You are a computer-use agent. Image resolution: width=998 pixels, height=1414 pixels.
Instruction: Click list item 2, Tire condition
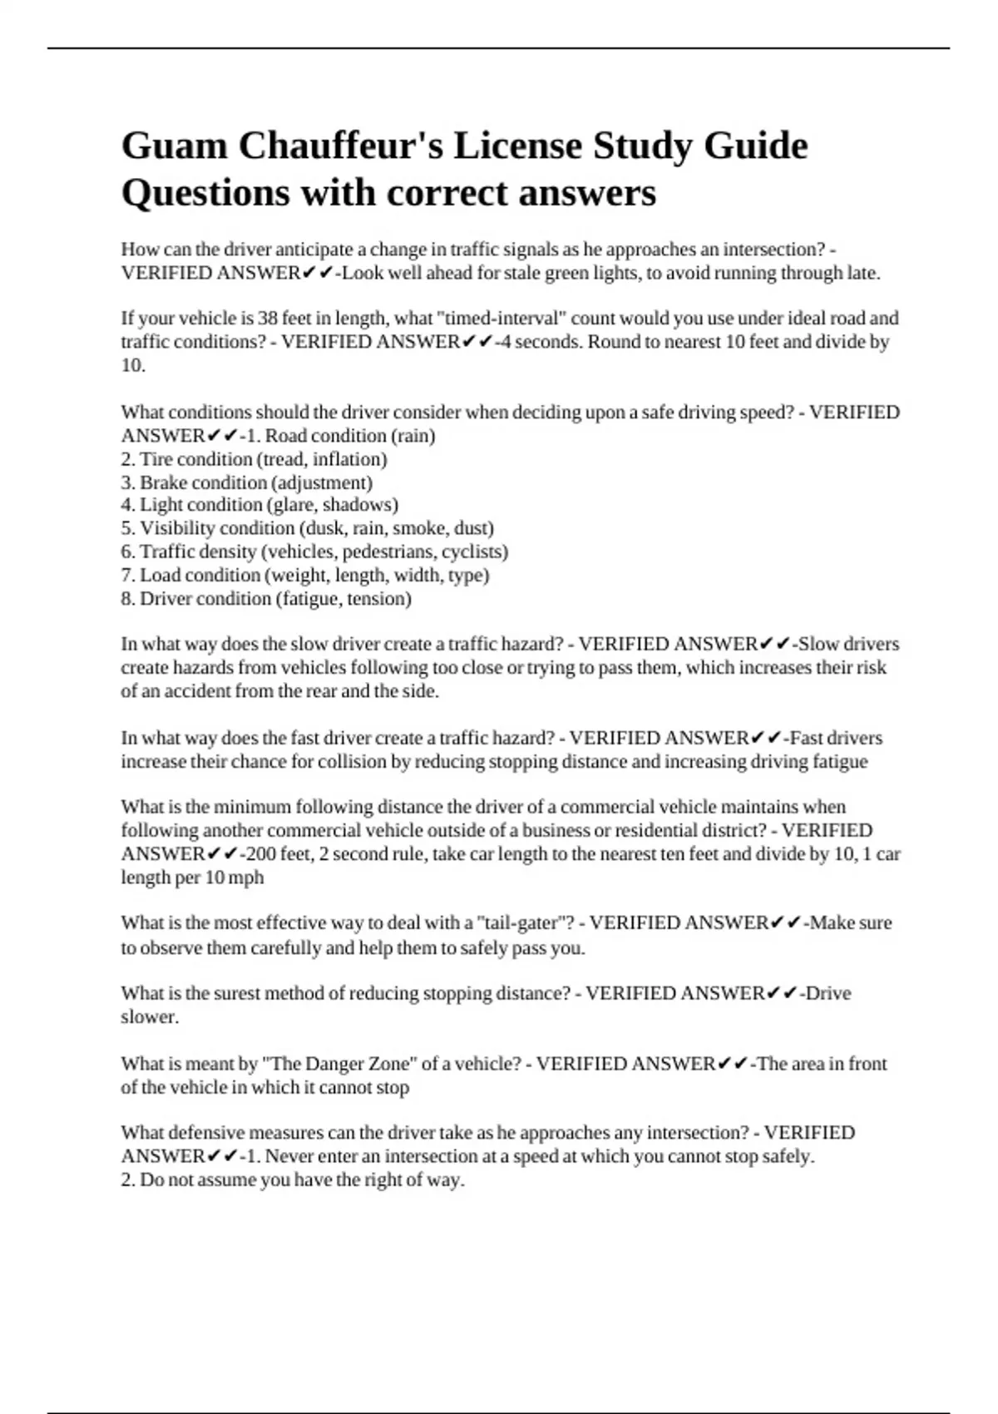[x=254, y=459]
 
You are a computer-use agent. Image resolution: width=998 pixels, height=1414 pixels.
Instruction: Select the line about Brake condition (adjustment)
[x=246, y=482]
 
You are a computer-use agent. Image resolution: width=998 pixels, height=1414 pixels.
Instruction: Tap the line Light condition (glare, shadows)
[x=259, y=505]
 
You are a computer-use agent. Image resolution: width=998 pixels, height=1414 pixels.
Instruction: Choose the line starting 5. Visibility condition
[x=307, y=528]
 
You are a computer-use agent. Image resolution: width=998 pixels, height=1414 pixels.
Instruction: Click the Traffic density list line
[x=314, y=551]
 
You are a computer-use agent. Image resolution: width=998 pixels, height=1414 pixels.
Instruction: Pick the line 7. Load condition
[x=304, y=575]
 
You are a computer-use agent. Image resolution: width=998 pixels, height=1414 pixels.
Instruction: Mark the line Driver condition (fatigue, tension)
[x=266, y=599]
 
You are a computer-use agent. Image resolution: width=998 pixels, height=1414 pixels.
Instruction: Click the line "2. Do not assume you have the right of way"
[x=292, y=1180]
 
